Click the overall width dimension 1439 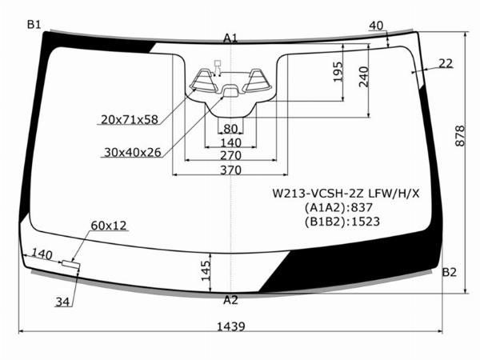(x=231, y=326)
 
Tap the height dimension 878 (x=459, y=136)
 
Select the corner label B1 (x=34, y=24)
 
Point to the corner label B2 (x=449, y=272)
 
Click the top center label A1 (x=230, y=38)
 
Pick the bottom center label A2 (x=230, y=300)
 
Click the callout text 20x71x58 (x=130, y=119)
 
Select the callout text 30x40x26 (x=133, y=152)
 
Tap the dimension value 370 (x=230, y=170)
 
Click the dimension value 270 (x=230, y=155)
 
